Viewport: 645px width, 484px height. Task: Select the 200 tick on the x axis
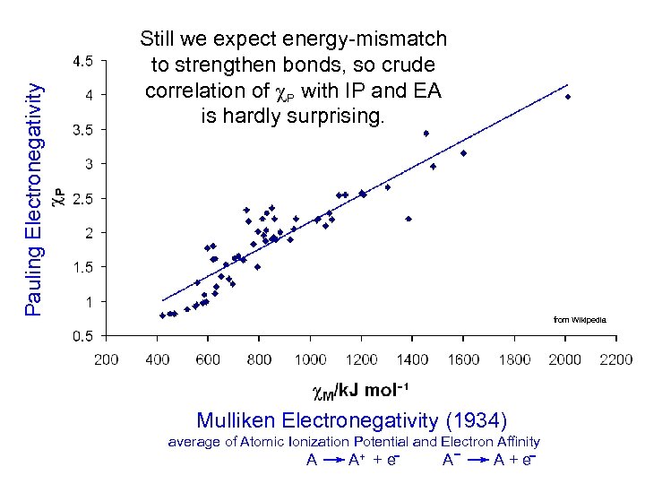click(106, 359)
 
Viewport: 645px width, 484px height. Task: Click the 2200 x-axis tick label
click(615, 359)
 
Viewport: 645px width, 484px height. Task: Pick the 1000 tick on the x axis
click(310, 359)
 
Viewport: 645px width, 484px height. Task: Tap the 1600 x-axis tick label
click(463, 359)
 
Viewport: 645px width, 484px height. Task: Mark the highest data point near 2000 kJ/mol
click(567, 96)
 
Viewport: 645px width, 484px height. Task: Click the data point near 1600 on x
click(463, 153)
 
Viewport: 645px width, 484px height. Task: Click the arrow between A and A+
click(333, 461)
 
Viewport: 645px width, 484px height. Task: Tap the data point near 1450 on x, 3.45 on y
click(426, 134)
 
